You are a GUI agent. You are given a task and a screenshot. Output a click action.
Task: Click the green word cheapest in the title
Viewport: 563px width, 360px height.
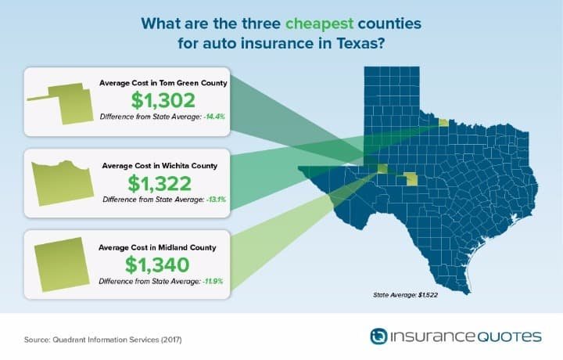(319, 24)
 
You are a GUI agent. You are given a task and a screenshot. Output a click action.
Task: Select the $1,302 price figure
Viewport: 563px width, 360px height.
(163, 100)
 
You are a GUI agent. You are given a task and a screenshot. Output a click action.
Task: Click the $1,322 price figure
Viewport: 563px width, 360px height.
(160, 184)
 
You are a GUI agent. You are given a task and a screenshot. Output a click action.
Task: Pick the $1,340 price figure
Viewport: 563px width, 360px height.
(157, 265)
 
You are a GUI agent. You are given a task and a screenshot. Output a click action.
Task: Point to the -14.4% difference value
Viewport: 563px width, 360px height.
(214, 117)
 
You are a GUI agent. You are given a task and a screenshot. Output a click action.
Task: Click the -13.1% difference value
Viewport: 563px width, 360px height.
(216, 200)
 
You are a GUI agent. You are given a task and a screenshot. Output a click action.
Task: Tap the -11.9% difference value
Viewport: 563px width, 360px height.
(213, 281)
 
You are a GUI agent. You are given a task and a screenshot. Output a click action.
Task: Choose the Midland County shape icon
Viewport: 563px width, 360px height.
(62, 264)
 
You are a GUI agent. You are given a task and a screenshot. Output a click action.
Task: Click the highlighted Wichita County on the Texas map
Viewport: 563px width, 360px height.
(443, 123)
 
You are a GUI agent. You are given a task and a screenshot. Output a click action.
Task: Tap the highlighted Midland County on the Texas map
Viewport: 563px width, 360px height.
(382, 168)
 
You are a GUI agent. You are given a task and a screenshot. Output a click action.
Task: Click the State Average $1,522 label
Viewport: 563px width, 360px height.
(405, 295)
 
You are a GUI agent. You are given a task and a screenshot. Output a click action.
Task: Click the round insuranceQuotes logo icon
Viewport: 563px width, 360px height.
(378, 337)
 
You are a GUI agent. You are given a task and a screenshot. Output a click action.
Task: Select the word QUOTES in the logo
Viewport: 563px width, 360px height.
(509, 337)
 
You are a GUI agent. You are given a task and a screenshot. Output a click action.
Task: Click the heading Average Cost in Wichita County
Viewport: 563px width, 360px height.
(160, 166)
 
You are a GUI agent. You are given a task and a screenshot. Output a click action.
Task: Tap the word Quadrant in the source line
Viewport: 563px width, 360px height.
(66, 340)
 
